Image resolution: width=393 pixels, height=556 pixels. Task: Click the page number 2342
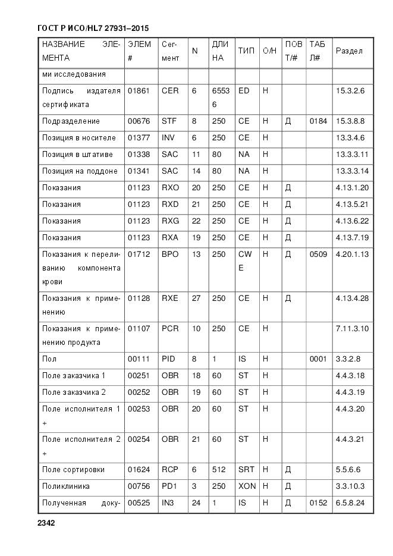tap(46, 523)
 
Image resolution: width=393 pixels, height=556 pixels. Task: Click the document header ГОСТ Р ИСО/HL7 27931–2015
tap(93, 28)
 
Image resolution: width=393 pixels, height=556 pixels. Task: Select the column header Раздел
tap(349, 51)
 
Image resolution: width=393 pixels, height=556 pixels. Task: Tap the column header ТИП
tap(246, 51)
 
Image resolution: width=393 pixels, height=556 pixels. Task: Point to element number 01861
tap(139, 90)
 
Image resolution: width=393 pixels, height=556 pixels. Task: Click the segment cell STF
tap(169, 121)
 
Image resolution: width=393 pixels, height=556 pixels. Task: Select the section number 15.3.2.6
tap(350, 90)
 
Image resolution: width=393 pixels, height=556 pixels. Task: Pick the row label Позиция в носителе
tap(78, 138)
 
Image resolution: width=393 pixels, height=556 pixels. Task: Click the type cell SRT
tap(246, 470)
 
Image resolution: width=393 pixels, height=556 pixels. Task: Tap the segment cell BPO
tap(170, 255)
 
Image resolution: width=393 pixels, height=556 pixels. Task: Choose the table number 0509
tap(318, 255)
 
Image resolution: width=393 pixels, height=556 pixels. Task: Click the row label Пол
tap(49, 359)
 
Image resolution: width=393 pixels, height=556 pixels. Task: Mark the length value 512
tap(218, 470)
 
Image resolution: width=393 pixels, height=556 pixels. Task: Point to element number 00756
tap(139, 486)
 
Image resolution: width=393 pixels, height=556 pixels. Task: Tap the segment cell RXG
tap(170, 221)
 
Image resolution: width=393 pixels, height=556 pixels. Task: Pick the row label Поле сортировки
tap(73, 470)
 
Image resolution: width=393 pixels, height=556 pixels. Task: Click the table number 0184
tap(318, 121)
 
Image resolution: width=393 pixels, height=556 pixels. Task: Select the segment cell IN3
tap(169, 503)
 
